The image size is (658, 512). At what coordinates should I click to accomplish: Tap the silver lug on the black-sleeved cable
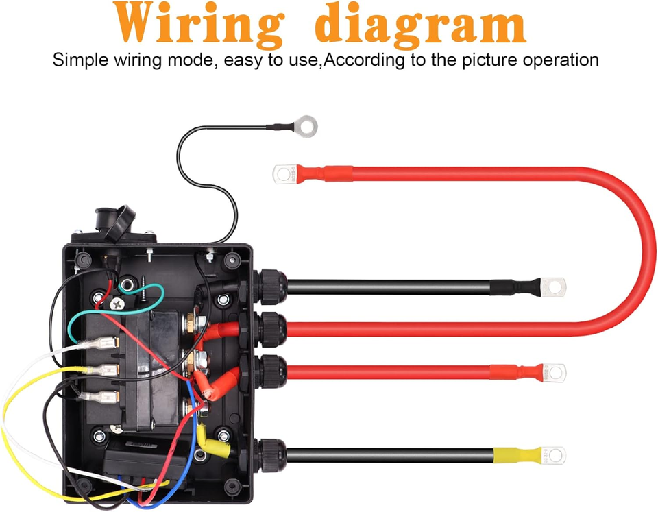(553, 282)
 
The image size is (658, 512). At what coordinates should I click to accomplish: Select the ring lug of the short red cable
(554, 373)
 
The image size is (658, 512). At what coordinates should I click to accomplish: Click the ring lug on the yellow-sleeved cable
(553, 454)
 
